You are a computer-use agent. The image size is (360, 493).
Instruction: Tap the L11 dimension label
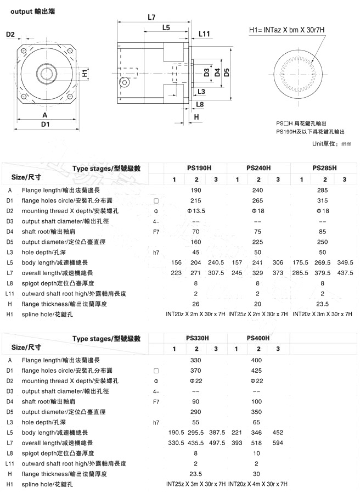(x=204, y=34)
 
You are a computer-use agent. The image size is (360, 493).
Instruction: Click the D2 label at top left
(x=10, y=35)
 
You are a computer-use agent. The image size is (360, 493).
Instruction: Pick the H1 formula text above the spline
(x=287, y=30)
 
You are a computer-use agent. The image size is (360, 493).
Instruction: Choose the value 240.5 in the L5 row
(x=216, y=262)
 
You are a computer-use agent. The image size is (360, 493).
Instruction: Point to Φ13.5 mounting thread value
(x=196, y=211)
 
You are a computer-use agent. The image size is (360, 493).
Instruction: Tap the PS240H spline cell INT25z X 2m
(x=257, y=315)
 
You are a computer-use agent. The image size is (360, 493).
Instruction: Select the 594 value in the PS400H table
(x=278, y=443)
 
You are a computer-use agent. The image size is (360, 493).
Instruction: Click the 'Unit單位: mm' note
(x=331, y=144)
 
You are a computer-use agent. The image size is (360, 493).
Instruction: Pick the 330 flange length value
(x=196, y=360)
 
